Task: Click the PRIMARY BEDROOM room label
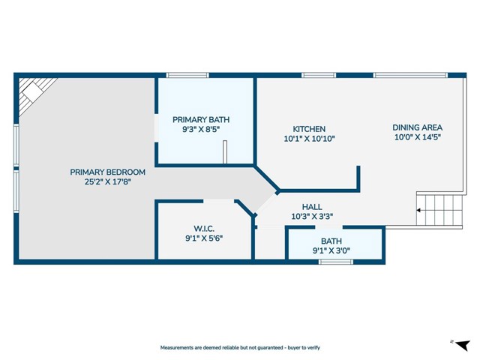[107, 172]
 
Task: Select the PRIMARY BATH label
[201, 119]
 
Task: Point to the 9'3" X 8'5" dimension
[201, 129]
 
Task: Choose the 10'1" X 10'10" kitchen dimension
[308, 139]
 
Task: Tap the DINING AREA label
[418, 127]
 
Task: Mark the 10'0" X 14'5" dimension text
[418, 137]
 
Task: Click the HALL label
[312, 206]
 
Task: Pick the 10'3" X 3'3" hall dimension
[312, 216]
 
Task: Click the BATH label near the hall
[331, 241]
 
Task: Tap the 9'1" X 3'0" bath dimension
[331, 251]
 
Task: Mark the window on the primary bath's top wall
[187, 75]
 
